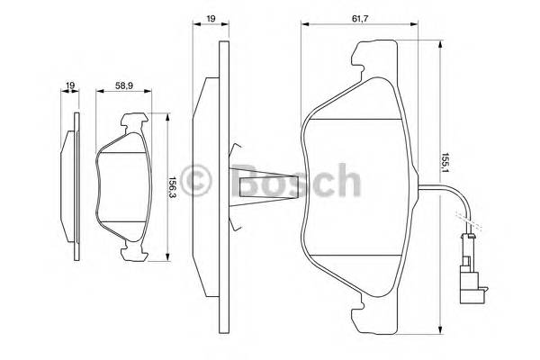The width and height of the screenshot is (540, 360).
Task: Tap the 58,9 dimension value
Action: [125, 86]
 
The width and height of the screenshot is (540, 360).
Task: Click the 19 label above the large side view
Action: [209, 17]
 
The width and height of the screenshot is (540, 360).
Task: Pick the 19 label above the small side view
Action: [69, 86]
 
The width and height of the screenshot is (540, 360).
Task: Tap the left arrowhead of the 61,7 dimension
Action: [303, 25]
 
